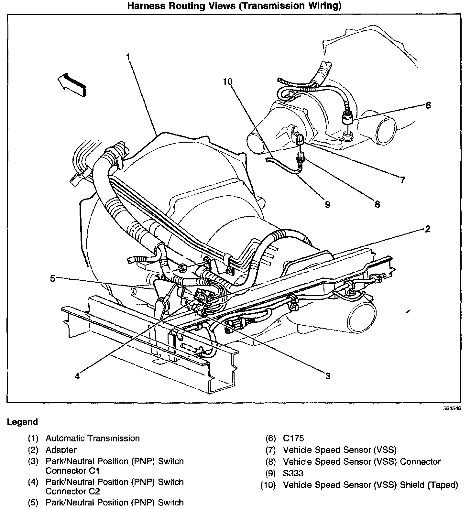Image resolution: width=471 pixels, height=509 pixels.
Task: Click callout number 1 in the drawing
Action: pyautogui.click(x=128, y=57)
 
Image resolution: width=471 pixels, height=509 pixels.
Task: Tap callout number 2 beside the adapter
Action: pyautogui.click(x=427, y=229)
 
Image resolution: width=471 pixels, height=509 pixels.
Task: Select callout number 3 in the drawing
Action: pyautogui.click(x=328, y=376)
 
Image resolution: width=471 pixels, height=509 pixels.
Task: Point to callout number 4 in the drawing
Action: pyautogui.click(x=77, y=376)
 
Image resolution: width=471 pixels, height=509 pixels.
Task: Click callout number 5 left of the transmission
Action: pyautogui.click(x=53, y=278)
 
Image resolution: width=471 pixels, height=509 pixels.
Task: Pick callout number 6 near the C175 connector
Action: pyautogui.click(x=428, y=105)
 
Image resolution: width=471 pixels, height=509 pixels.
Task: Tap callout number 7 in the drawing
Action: pyautogui.click(x=402, y=180)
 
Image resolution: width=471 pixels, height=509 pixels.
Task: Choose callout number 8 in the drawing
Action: pyautogui.click(x=377, y=204)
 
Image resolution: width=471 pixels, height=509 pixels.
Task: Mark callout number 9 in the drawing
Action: pyautogui.click(x=327, y=204)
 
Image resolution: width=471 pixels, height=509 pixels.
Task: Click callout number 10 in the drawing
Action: pyautogui.click(x=227, y=81)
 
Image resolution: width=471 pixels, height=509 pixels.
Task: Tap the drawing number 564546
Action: pyautogui.click(x=452, y=408)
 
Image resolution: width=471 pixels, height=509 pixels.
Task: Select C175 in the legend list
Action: pyautogui.click(x=293, y=439)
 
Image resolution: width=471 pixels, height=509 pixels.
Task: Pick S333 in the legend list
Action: pyautogui.click(x=293, y=473)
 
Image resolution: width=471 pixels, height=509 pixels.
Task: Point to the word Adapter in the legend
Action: pyautogui.click(x=61, y=450)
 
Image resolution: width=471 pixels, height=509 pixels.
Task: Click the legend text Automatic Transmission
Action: pyautogui.click(x=93, y=439)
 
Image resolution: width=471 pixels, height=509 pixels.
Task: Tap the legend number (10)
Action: pyautogui.click(x=268, y=485)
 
